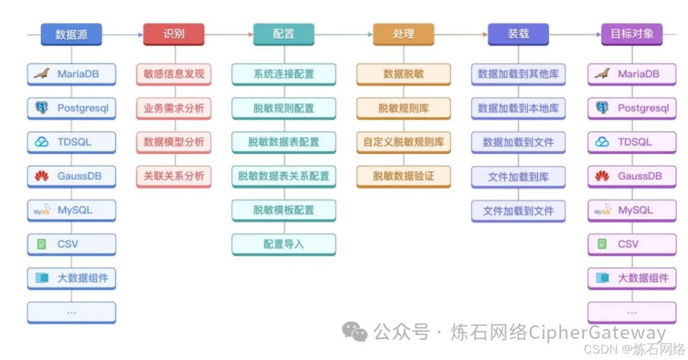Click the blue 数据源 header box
click(71, 34)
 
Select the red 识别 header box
click(173, 34)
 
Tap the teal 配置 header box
click(283, 34)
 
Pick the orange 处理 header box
click(403, 34)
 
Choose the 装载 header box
click(518, 34)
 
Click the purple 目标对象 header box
click(632, 34)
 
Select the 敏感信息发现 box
click(173, 74)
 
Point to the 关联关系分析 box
click(173, 176)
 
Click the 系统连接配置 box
click(283, 74)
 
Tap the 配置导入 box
click(283, 244)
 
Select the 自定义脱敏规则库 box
click(403, 142)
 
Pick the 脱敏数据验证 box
click(403, 176)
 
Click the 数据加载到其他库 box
click(518, 74)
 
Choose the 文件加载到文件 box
click(518, 210)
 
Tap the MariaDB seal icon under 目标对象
click(602, 74)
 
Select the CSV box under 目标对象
click(632, 244)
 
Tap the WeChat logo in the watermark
click(355, 331)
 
